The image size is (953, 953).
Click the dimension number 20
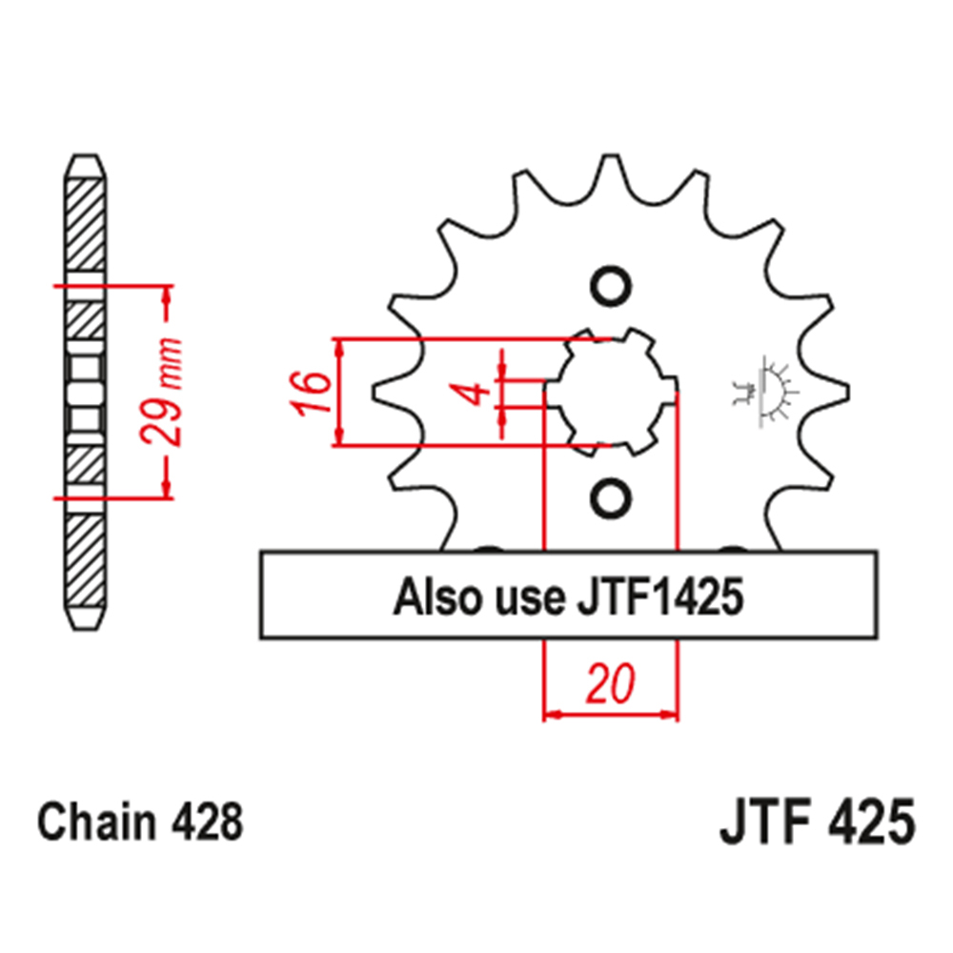coord(611,685)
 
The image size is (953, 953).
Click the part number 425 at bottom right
coord(868,822)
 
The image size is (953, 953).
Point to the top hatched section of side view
coord(85,224)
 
